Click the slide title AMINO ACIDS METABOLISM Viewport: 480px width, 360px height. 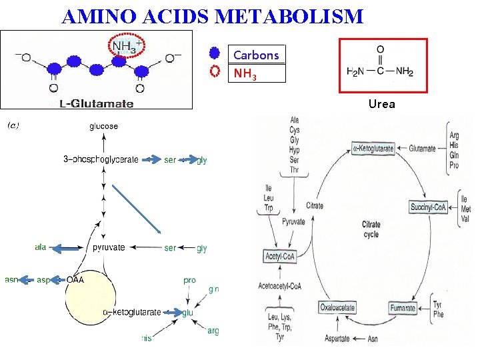click(x=212, y=16)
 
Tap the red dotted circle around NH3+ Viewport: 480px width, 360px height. click(x=127, y=46)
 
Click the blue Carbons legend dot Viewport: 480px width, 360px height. click(x=214, y=53)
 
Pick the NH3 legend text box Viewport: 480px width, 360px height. click(x=257, y=73)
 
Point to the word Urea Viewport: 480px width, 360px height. click(x=382, y=103)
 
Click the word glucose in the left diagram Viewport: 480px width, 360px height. click(x=103, y=126)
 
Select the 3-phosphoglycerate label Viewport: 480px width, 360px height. click(x=101, y=159)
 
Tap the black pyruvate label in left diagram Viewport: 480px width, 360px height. click(x=109, y=247)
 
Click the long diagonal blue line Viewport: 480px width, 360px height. click(x=137, y=208)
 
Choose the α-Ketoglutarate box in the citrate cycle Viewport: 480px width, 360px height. click(x=373, y=149)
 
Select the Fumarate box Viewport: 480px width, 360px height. click(x=403, y=308)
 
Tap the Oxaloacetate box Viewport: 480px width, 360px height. click(x=337, y=308)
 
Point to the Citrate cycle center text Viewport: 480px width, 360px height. click(x=371, y=229)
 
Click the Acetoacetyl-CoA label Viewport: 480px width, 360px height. click(x=281, y=286)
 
